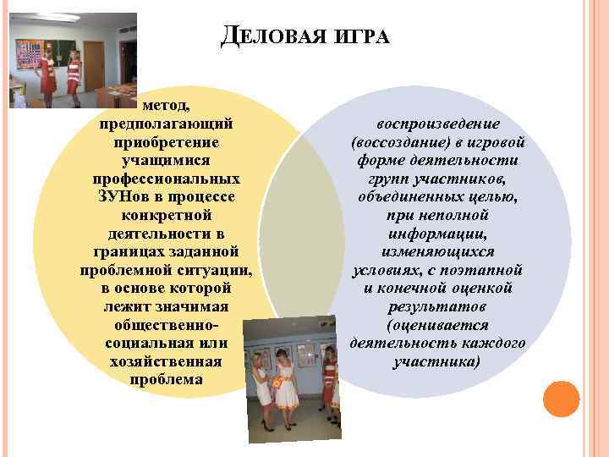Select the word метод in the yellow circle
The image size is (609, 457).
(x=167, y=107)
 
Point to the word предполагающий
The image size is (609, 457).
(x=167, y=124)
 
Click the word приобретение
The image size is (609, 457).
(x=167, y=142)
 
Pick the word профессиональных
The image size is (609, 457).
(x=167, y=179)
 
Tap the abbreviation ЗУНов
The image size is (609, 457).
(x=129, y=196)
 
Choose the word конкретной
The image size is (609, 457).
(x=167, y=215)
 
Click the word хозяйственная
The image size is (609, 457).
(x=167, y=361)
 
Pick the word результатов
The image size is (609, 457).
(x=437, y=306)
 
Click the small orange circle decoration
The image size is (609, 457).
(x=561, y=398)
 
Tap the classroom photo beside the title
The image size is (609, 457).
(x=74, y=61)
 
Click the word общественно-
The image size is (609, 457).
(x=167, y=324)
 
